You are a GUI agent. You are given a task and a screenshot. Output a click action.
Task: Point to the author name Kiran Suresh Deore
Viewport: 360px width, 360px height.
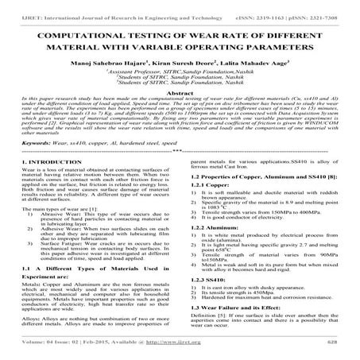pyautogui.click(x=180, y=60)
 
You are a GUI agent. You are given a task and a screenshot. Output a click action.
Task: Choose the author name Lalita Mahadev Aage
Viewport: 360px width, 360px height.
pyautogui.click(x=242, y=60)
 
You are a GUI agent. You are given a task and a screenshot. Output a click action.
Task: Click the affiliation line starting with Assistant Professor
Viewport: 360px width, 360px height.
pyautogui.click(x=180, y=71)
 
